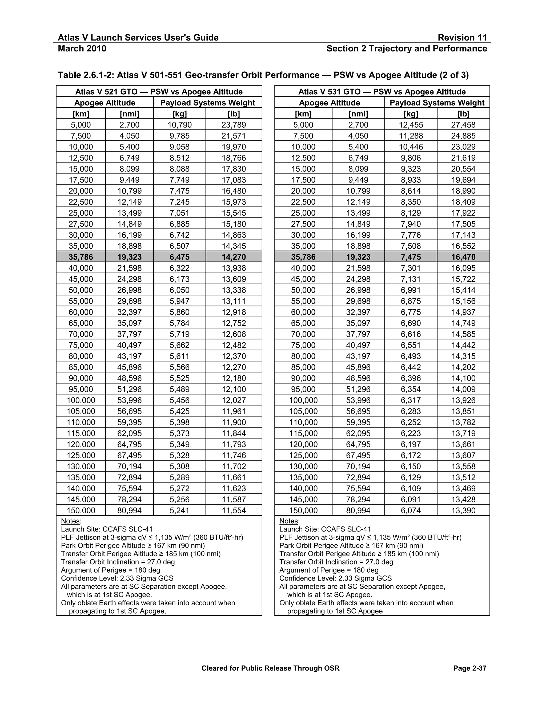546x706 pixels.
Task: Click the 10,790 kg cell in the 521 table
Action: point(179,125)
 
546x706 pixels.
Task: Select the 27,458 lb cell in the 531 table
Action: point(463,125)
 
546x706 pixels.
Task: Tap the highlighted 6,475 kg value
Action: point(179,257)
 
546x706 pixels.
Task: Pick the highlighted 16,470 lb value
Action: point(463,257)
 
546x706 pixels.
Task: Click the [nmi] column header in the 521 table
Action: point(129,114)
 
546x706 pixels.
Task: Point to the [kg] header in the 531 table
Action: point(411,114)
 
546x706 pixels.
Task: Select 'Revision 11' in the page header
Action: point(462,38)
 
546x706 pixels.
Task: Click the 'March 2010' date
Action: point(82,48)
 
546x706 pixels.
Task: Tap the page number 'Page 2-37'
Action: point(470,668)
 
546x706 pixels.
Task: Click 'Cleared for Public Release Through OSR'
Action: point(270,668)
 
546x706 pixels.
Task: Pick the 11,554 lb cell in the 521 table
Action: point(234,510)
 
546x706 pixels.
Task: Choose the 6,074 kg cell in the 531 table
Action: point(411,510)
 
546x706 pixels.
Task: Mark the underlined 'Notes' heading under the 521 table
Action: point(70,521)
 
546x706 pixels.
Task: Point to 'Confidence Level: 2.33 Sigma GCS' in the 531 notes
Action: point(335,578)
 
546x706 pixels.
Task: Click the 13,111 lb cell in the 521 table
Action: point(234,301)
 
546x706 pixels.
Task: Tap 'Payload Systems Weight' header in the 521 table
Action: point(208,103)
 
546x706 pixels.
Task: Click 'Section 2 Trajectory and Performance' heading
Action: point(407,48)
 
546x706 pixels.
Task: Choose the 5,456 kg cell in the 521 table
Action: point(179,400)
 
